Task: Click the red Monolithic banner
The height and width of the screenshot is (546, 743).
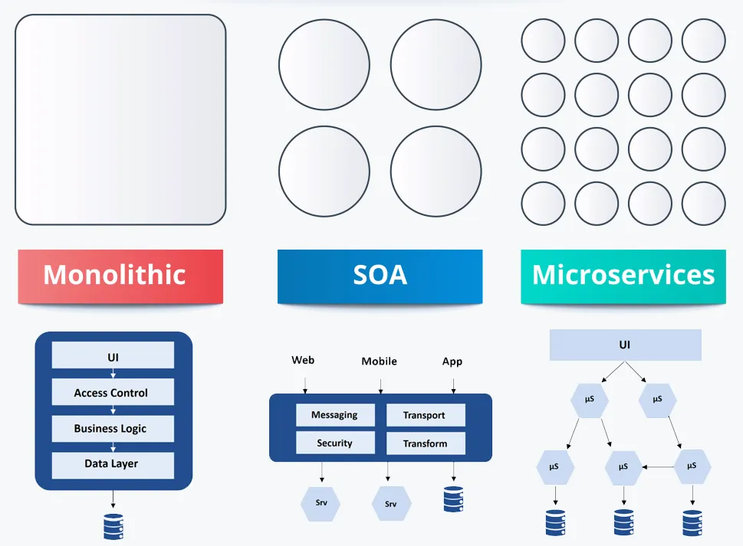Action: pyautogui.click(x=120, y=276)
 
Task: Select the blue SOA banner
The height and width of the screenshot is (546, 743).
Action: pyautogui.click(x=380, y=276)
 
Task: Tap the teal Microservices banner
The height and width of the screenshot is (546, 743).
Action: pyautogui.click(x=623, y=276)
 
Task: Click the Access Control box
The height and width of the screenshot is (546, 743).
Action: pyautogui.click(x=113, y=392)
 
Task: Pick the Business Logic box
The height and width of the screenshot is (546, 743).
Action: pyautogui.click(x=113, y=429)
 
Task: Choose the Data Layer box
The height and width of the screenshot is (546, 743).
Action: pyautogui.click(x=113, y=465)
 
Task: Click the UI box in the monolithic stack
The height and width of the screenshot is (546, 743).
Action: pyautogui.click(x=113, y=355)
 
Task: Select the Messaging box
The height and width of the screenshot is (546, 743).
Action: pyautogui.click(x=335, y=415)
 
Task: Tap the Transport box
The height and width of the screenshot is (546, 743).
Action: pyautogui.click(x=426, y=415)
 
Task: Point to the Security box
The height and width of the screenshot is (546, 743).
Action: pyautogui.click(x=335, y=443)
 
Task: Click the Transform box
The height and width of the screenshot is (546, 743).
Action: pyautogui.click(x=426, y=443)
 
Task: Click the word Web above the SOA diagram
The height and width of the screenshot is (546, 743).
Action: pyautogui.click(x=303, y=360)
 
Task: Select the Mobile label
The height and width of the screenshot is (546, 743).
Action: pyautogui.click(x=379, y=361)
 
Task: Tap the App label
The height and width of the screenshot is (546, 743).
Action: pyautogui.click(x=452, y=362)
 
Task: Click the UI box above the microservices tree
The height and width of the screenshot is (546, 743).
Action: pyautogui.click(x=625, y=345)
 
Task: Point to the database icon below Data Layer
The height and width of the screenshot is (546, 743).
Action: pyautogui.click(x=113, y=526)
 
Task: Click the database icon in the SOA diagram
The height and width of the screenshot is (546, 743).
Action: pyautogui.click(x=453, y=499)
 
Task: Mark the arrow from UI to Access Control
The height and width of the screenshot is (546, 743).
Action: pyautogui.click(x=113, y=374)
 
